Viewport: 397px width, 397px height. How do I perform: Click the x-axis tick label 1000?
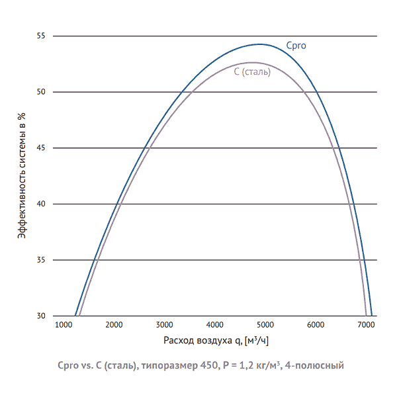tap(63, 325)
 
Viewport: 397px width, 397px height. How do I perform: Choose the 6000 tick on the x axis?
tap(316, 325)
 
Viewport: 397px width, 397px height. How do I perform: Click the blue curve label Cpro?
tap(296, 46)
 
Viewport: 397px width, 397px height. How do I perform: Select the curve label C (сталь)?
tap(252, 71)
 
